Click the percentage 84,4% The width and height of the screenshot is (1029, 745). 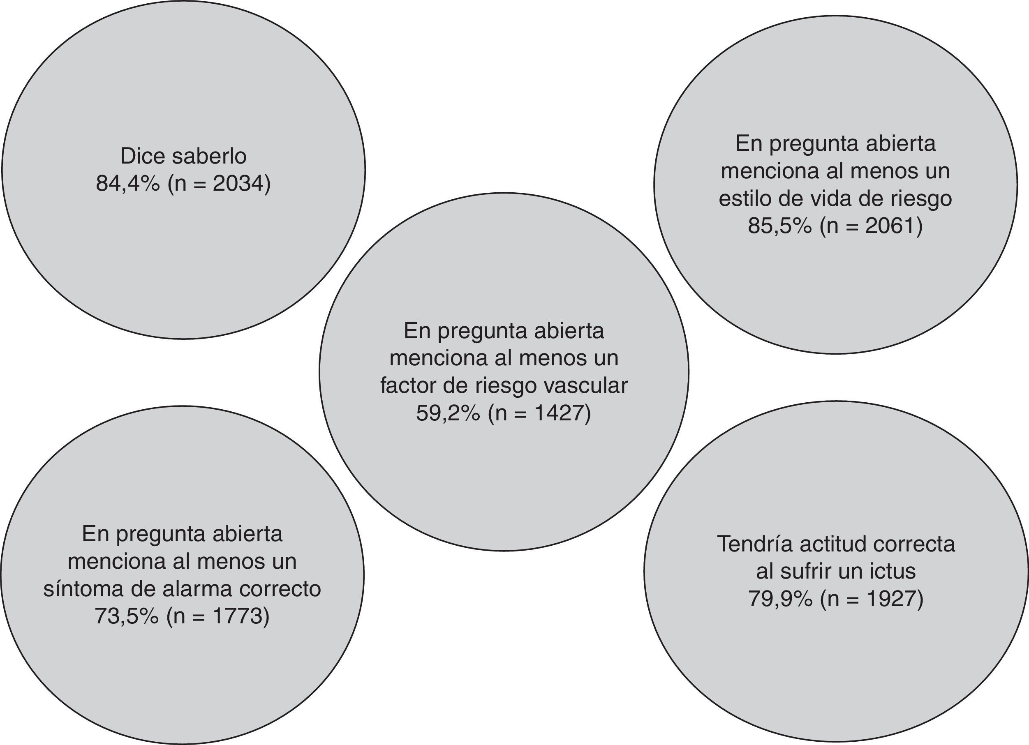[127, 184]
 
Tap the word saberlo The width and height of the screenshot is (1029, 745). [209, 157]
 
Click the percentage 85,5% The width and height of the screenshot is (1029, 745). [779, 226]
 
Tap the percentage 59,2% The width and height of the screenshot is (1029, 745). [448, 413]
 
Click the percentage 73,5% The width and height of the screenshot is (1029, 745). [127, 616]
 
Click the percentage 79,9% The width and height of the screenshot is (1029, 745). [780, 599]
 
